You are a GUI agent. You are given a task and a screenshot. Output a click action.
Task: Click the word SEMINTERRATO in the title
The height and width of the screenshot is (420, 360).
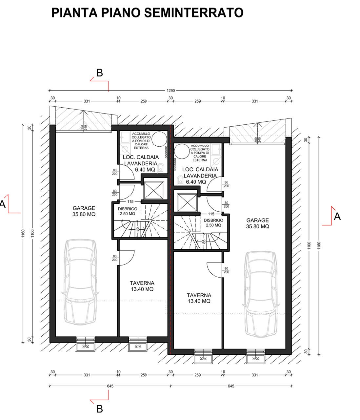tap(194, 12)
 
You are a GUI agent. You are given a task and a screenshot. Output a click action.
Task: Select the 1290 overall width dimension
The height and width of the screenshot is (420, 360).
tap(170, 91)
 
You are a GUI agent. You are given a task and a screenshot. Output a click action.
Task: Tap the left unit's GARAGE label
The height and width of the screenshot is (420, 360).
tap(84, 211)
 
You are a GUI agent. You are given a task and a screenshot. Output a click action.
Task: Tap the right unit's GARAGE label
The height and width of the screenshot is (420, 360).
tap(257, 223)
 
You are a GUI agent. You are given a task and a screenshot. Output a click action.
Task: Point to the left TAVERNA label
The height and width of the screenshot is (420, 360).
tap(142, 286)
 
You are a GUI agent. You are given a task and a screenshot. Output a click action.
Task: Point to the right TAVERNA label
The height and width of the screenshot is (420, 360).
tap(199, 298)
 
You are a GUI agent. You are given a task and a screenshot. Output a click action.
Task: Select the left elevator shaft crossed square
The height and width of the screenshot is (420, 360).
tap(154, 190)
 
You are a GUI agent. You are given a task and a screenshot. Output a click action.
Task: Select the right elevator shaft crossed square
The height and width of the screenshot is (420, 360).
tap(187, 202)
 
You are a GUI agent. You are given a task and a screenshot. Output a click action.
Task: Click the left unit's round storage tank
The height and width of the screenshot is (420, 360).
tap(159, 139)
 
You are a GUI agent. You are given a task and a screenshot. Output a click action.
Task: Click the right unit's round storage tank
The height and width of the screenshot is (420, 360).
tap(182, 151)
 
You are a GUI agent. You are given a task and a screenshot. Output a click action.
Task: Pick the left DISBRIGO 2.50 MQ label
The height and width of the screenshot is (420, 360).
tap(128, 211)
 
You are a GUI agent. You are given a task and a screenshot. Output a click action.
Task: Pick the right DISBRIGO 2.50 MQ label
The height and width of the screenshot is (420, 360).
tap(213, 223)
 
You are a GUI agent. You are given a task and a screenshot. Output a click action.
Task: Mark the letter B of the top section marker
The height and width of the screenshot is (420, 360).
tap(99, 73)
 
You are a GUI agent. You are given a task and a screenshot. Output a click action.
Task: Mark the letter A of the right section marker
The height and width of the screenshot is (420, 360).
tap(337, 217)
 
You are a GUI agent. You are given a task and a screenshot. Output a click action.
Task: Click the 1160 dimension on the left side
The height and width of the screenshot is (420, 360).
tap(23, 233)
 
